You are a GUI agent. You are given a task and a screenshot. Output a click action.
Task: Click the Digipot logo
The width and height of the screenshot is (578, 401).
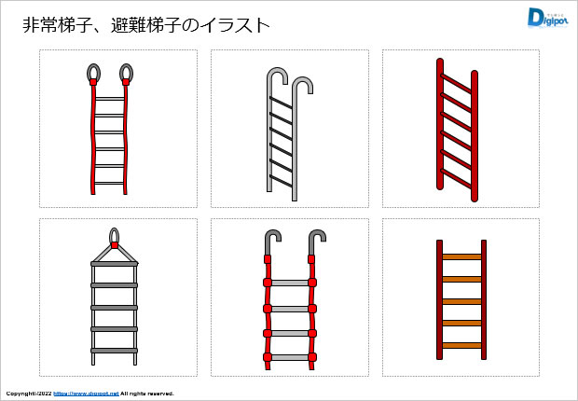coord(548,18)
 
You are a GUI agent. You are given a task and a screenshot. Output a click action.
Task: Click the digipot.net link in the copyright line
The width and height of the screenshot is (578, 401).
coord(86,394)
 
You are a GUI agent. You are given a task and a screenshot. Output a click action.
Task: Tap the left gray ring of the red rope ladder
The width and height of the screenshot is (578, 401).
coord(93,73)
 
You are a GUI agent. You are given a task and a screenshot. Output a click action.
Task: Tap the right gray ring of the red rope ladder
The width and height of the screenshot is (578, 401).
coord(126,73)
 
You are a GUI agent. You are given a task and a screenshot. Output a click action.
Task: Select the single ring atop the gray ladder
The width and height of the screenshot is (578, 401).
coord(115,235)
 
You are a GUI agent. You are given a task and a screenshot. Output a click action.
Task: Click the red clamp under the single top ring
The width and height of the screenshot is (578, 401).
coord(115,245)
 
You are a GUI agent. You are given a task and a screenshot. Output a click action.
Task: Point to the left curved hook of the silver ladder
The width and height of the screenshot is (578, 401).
coord(277,75)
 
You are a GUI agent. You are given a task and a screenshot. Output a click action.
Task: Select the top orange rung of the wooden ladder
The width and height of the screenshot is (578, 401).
coord(461,256)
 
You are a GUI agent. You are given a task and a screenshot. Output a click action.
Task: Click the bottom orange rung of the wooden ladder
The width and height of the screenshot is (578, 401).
coord(461,346)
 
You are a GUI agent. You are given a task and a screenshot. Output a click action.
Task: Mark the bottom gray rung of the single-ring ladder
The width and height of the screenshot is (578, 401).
coord(115,351)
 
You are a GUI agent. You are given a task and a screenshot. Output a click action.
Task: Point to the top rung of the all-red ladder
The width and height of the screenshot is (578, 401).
coord(457,83)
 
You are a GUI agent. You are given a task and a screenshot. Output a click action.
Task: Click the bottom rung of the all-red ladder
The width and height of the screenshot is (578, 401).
coord(457,178)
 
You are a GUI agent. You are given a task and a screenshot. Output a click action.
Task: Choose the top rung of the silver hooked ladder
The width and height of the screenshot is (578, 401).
coord(281,103)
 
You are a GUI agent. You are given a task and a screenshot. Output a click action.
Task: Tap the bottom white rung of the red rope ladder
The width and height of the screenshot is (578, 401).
coord(109,183)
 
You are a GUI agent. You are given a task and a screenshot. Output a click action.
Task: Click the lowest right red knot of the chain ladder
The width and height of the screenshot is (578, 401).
coord(312,357)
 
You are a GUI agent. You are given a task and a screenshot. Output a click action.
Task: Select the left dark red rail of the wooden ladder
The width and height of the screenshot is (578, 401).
coord(439,299)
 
